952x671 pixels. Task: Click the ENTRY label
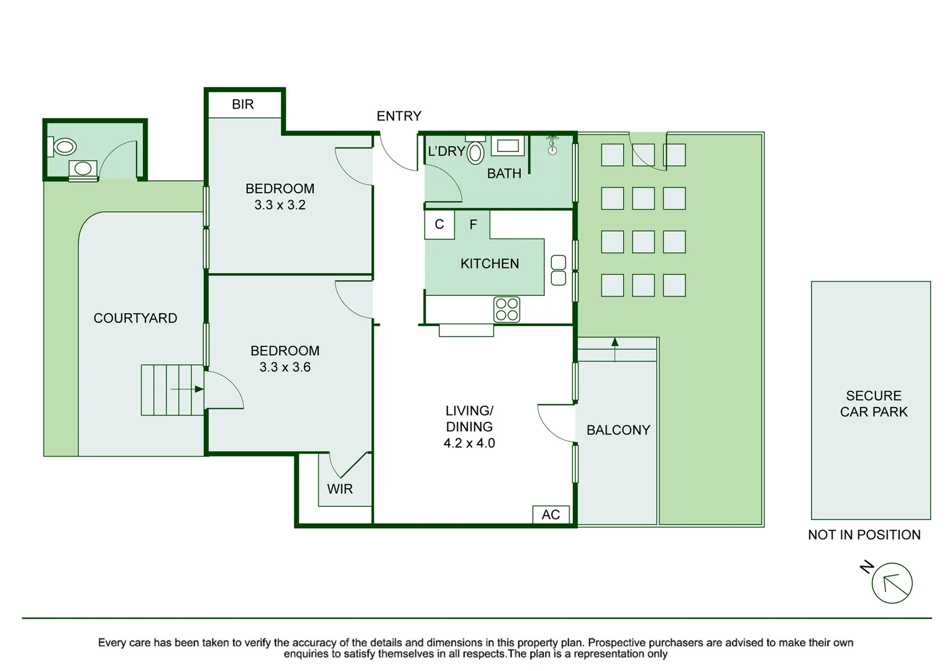pyautogui.click(x=399, y=116)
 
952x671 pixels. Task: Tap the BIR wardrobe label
pyautogui.click(x=243, y=104)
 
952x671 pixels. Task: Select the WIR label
pyautogui.click(x=339, y=489)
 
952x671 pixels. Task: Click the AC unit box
pyautogui.click(x=551, y=514)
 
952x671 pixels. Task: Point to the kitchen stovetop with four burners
pyautogui.click(x=506, y=309)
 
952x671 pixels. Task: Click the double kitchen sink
pyautogui.click(x=559, y=270)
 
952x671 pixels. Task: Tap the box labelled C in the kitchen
pyautogui.click(x=439, y=224)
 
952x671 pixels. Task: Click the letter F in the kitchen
pyautogui.click(x=473, y=224)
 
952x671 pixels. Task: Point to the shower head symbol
pyautogui.click(x=552, y=145)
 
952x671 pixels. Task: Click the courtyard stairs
pyautogui.click(x=173, y=390)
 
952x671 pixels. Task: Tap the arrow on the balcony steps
pyautogui.click(x=615, y=350)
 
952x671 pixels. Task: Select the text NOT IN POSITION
pyautogui.click(x=864, y=534)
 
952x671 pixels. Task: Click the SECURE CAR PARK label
pyautogui.click(x=874, y=404)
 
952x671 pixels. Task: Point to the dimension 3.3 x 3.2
pyautogui.click(x=280, y=205)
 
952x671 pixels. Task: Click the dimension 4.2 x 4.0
pyautogui.click(x=469, y=443)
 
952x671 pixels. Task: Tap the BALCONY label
pyautogui.click(x=618, y=430)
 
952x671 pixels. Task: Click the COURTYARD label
pyautogui.click(x=135, y=318)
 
